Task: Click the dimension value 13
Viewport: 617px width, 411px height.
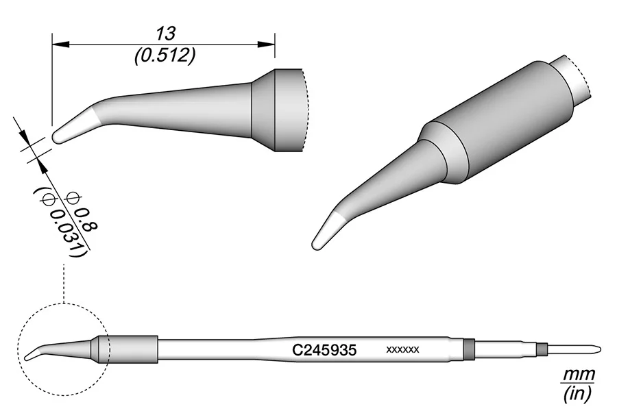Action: pos(165,34)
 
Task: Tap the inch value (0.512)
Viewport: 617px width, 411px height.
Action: pos(165,57)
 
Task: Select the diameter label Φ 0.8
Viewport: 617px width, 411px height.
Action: pos(83,212)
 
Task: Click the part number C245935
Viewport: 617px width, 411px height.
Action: pos(324,350)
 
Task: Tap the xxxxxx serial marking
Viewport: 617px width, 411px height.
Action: pos(402,349)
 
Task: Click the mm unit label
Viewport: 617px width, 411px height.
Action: pos(578,375)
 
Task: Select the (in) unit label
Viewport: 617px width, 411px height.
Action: pos(578,394)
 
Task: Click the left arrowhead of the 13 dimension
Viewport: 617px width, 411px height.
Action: pos(60,44)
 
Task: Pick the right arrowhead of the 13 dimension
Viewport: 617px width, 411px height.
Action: pos(267,44)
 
